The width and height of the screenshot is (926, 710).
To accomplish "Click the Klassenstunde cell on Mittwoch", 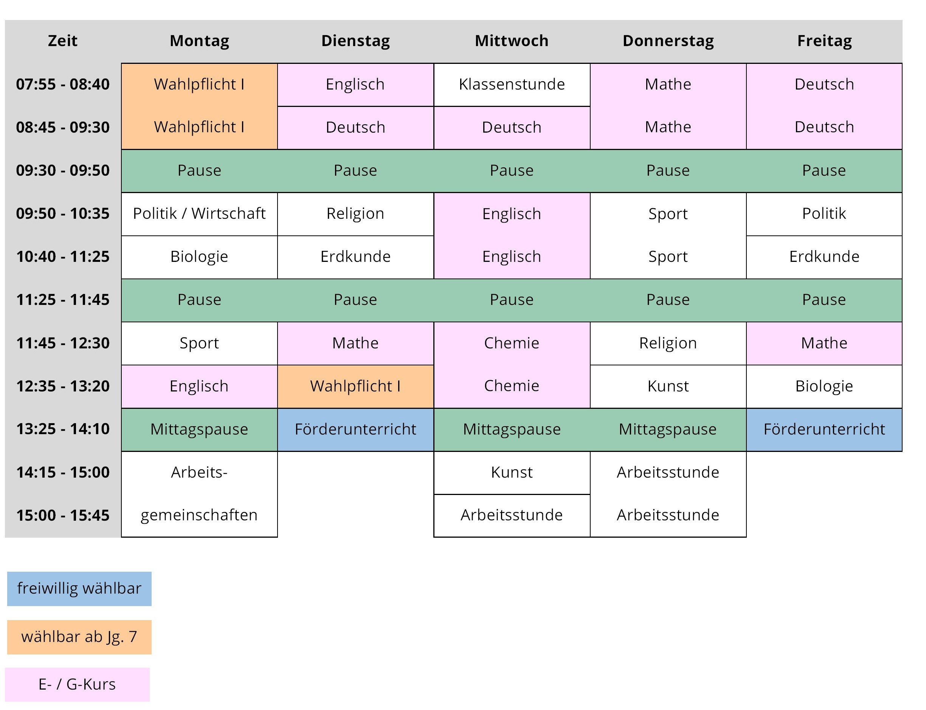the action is [512, 85].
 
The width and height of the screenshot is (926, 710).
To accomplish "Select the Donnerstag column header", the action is [668, 41].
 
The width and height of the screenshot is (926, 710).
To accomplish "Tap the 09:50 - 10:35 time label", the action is [63, 213].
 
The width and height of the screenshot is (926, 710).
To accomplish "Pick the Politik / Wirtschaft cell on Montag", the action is [199, 214].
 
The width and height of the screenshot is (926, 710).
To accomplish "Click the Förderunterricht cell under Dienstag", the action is [355, 429].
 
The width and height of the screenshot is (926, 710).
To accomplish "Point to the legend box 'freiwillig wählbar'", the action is [79, 589].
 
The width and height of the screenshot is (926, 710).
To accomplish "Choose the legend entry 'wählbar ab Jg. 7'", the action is [79, 637].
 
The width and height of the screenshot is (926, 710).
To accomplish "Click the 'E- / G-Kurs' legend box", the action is [78, 685].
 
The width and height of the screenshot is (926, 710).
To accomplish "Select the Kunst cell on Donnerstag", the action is [668, 386].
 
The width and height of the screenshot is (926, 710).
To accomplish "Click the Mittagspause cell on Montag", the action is [199, 429].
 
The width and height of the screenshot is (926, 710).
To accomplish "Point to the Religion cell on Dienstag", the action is [355, 214].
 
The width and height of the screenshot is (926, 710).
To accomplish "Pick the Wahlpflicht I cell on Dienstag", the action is [355, 386].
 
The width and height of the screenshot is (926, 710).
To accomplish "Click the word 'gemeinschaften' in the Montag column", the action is [199, 515].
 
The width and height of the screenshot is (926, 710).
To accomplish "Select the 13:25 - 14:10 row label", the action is [63, 429].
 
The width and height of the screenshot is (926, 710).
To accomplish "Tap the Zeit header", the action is [63, 41].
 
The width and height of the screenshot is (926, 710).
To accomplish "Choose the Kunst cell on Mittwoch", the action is [512, 472].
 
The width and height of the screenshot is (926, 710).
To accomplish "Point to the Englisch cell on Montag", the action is [199, 386].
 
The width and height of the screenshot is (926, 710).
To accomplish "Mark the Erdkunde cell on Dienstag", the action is [355, 257].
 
